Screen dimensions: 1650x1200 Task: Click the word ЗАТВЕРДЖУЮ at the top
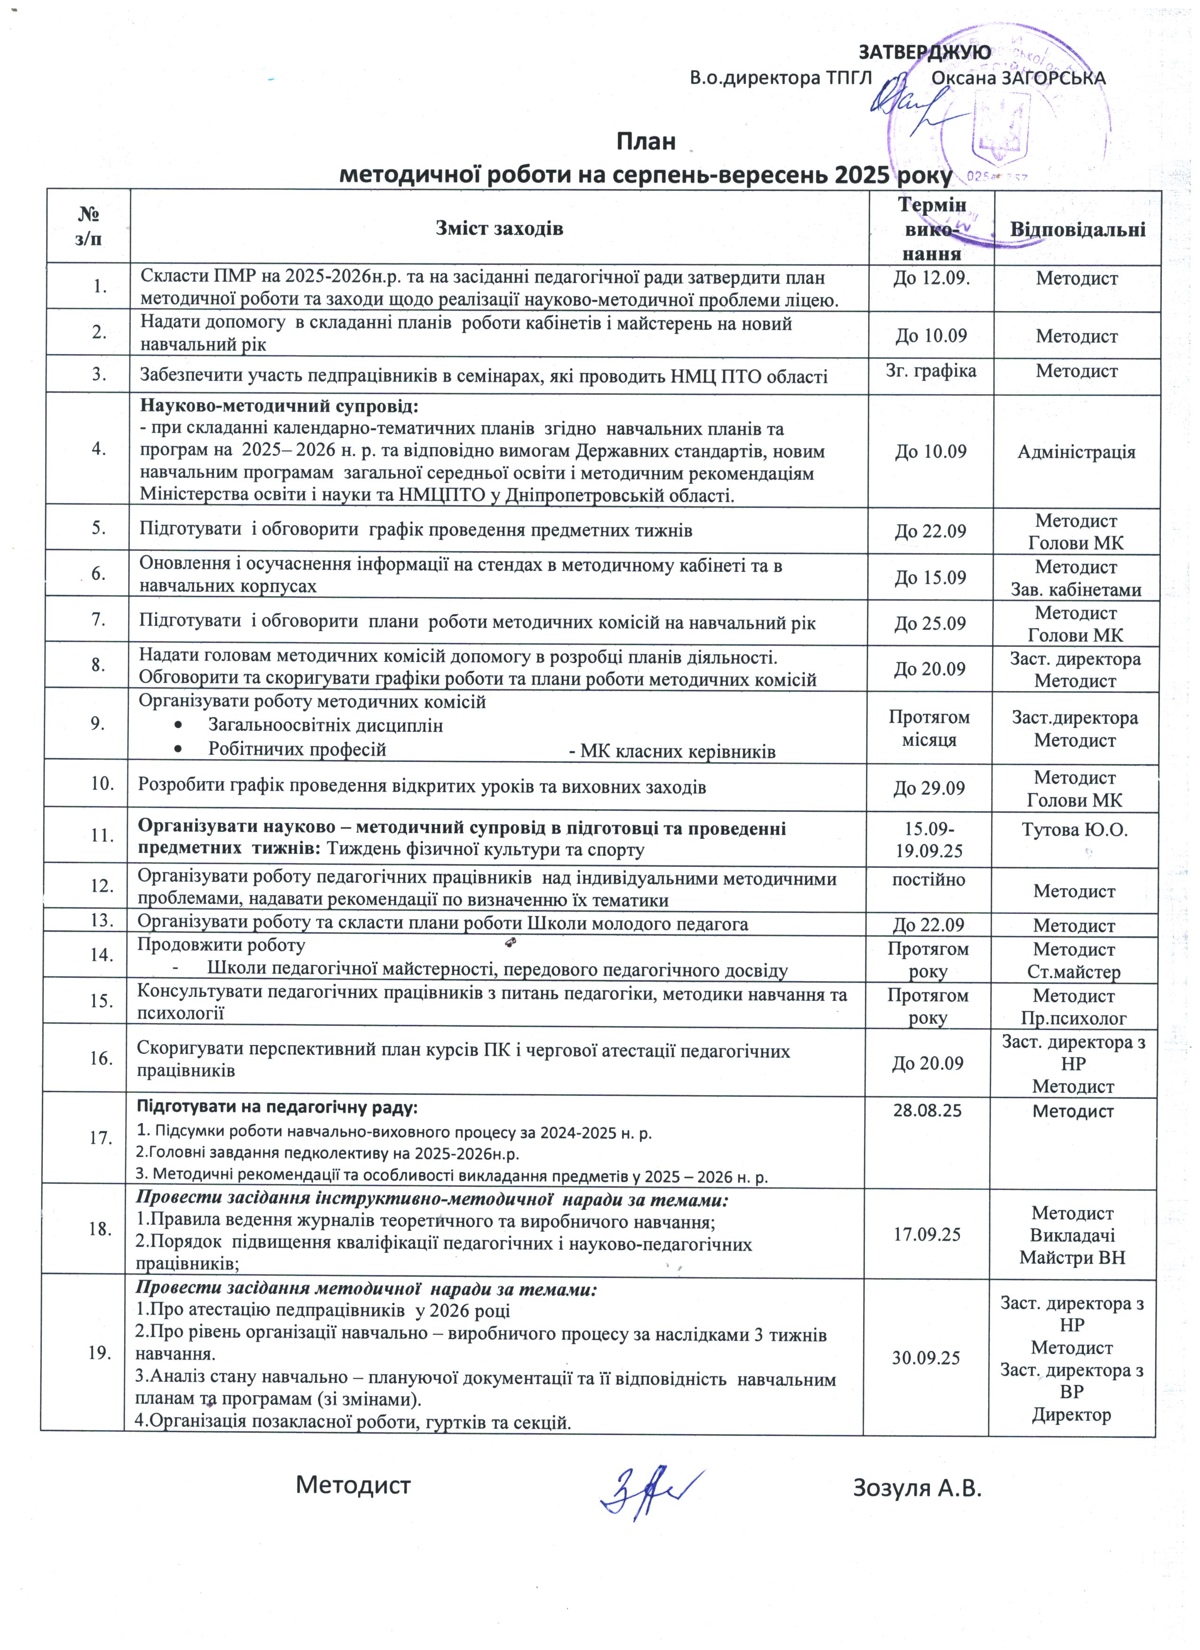pyautogui.click(x=924, y=52)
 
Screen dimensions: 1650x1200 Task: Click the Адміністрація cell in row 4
pyautogui.click(x=1076, y=452)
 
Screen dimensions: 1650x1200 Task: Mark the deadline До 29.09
pyautogui.click(x=930, y=788)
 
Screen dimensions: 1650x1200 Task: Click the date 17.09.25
pyautogui.click(x=927, y=1235)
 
